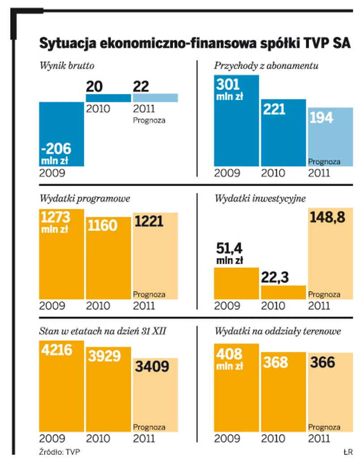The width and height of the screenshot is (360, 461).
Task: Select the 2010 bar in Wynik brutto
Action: [x=108, y=98]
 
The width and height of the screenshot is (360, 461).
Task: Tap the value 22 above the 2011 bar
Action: [x=141, y=86]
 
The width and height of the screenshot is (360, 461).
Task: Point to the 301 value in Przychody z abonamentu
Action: [x=228, y=84]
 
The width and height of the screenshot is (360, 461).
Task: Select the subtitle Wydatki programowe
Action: [x=85, y=198]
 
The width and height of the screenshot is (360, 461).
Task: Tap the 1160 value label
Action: [x=102, y=225]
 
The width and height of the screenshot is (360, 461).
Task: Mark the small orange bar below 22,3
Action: [x=283, y=292]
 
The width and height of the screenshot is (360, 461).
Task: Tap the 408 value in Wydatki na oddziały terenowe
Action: [x=229, y=354]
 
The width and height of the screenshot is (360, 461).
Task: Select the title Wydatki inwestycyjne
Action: [x=260, y=198]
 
